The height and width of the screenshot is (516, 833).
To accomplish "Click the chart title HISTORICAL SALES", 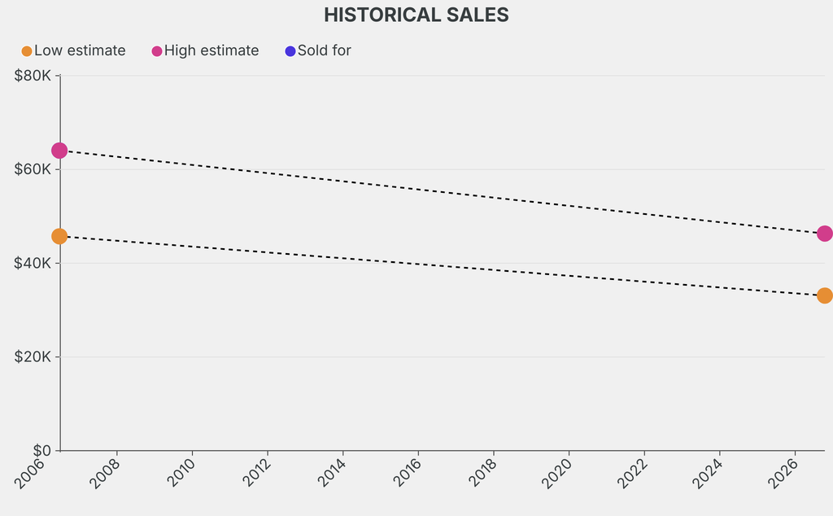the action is coord(416,15).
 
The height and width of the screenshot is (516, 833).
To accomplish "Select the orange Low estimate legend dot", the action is coord(27,51).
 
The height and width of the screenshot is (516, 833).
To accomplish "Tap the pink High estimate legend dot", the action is coord(157,51).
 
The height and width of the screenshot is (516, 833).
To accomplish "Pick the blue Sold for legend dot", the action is coord(290,51).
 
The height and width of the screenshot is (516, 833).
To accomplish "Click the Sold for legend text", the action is coord(324,50).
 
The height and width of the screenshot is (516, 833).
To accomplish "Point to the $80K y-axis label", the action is coord(33,76).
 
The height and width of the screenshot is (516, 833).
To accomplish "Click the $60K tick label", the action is coord(33,169).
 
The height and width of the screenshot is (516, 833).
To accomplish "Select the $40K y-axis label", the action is coord(33,263).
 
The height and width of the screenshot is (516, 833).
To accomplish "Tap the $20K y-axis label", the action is coord(33,356).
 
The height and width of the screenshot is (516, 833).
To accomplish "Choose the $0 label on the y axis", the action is coord(42,451).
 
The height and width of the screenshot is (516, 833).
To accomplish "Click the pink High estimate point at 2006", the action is coord(59,151).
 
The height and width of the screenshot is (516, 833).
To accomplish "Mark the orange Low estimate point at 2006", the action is coord(59,237).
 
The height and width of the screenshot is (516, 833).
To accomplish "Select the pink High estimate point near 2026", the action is coord(825,234).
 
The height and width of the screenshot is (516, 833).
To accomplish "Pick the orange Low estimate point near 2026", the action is coord(825,295).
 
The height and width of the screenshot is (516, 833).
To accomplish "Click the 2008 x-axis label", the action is coord(105,474).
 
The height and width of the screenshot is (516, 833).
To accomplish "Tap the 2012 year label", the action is coord(255,474).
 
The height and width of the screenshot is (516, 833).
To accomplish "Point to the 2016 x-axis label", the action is coord(407,474).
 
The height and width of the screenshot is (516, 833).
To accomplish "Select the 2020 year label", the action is coord(557,474).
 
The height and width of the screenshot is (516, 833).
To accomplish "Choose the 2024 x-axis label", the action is coord(709,474).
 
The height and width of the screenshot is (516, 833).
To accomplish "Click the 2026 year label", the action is coord(783,474).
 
